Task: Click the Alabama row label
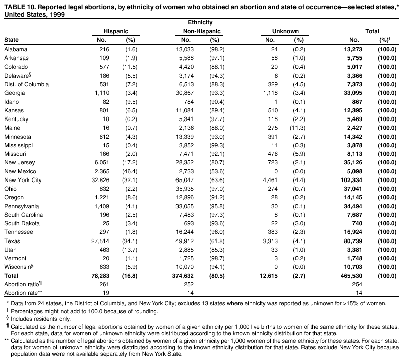[16, 49]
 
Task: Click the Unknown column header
[285, 31]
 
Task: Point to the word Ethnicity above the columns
[200, 23]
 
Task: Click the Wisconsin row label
[19, 267]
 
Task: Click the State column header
[11, 39]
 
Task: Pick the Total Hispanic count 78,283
[103, 276]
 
